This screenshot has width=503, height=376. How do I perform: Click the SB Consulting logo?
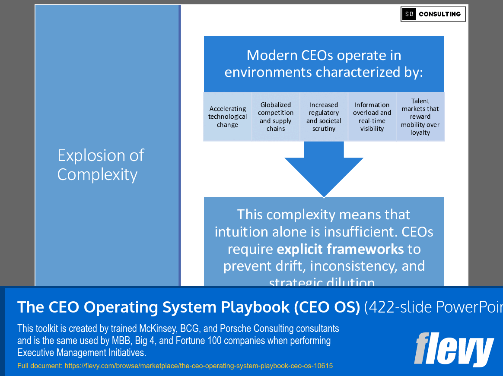pyautogui.click(x=433, y=14)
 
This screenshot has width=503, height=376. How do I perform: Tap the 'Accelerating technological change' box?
pyautogui.click(x=227, y=117)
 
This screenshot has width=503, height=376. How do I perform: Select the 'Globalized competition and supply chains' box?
pyautogui.click(x=276, y=117)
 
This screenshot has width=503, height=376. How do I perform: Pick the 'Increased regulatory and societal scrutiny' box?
pyautogui.click(x=324, y=117)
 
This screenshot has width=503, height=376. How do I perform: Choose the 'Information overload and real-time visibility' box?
pyautogui.click(x=372, y=117)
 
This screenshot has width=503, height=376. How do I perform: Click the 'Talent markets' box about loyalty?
pyautogui.click(x=420, y=117)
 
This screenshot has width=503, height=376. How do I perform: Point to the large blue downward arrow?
pyautogui.click(x=324, y=171)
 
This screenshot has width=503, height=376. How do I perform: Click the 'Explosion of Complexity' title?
pyautogui.click(x=101, y=165)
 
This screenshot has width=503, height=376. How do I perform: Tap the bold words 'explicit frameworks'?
pyautogui.click(x=340, y=249)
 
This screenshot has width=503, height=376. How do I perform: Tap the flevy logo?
pyautogui.click(x=453, y=350)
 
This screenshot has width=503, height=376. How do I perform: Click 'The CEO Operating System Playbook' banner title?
pyautogui.click(x=188, y=307)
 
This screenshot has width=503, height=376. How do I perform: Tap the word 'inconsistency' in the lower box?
pyautogui.click(x=353, y=266)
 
